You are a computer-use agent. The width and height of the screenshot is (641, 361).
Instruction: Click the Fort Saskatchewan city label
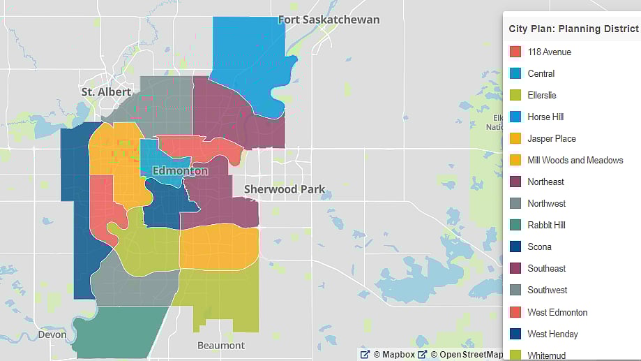pyautogui.click(x=329, y=20)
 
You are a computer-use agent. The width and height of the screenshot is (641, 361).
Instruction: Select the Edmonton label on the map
pyautogui.click(x=180, y=170)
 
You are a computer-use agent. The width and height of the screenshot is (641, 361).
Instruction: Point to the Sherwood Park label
pyautogui.click(x=284, y=189)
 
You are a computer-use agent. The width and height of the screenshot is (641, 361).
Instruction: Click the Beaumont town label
pyautogui.click(x=221, y=345)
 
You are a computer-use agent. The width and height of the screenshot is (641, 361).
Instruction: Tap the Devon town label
pyautogui.click(x=53, y=334)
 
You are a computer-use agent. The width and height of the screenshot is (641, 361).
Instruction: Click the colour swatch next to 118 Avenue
pyautogui.click(x=515, y=52)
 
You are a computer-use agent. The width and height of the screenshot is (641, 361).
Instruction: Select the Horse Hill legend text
pyautogui.click(x=545, y=117)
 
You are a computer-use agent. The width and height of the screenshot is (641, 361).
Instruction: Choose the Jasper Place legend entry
pyautogui.click(x=552, y=138)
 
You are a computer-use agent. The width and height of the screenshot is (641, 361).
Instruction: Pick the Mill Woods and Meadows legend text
pyautogui.click(x=575, y=160)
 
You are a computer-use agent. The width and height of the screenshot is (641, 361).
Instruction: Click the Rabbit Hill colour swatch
pyautogui.click(x=515, y=225)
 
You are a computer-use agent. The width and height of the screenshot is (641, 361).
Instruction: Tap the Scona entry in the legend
pyautogui.click(x=539, y=246)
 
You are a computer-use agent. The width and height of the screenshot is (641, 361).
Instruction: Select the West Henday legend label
pyautogui.click(x=552, y=334)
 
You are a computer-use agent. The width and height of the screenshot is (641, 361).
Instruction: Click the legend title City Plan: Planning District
pyautogui.click(x=573, y=29)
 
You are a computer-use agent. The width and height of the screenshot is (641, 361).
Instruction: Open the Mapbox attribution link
pyautogui.click(x=395, y=354)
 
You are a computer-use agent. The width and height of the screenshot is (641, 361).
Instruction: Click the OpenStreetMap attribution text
pyautogui.click(x=466, y=354)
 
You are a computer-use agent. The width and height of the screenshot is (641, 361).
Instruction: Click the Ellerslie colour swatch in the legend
pyautogui.click(x=515, y=95)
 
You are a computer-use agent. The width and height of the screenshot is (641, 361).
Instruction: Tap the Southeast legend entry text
pyautogui.click(x=547, y=268)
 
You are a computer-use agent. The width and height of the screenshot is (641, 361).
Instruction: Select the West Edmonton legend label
pyautogui.click(x=557, y=312)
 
